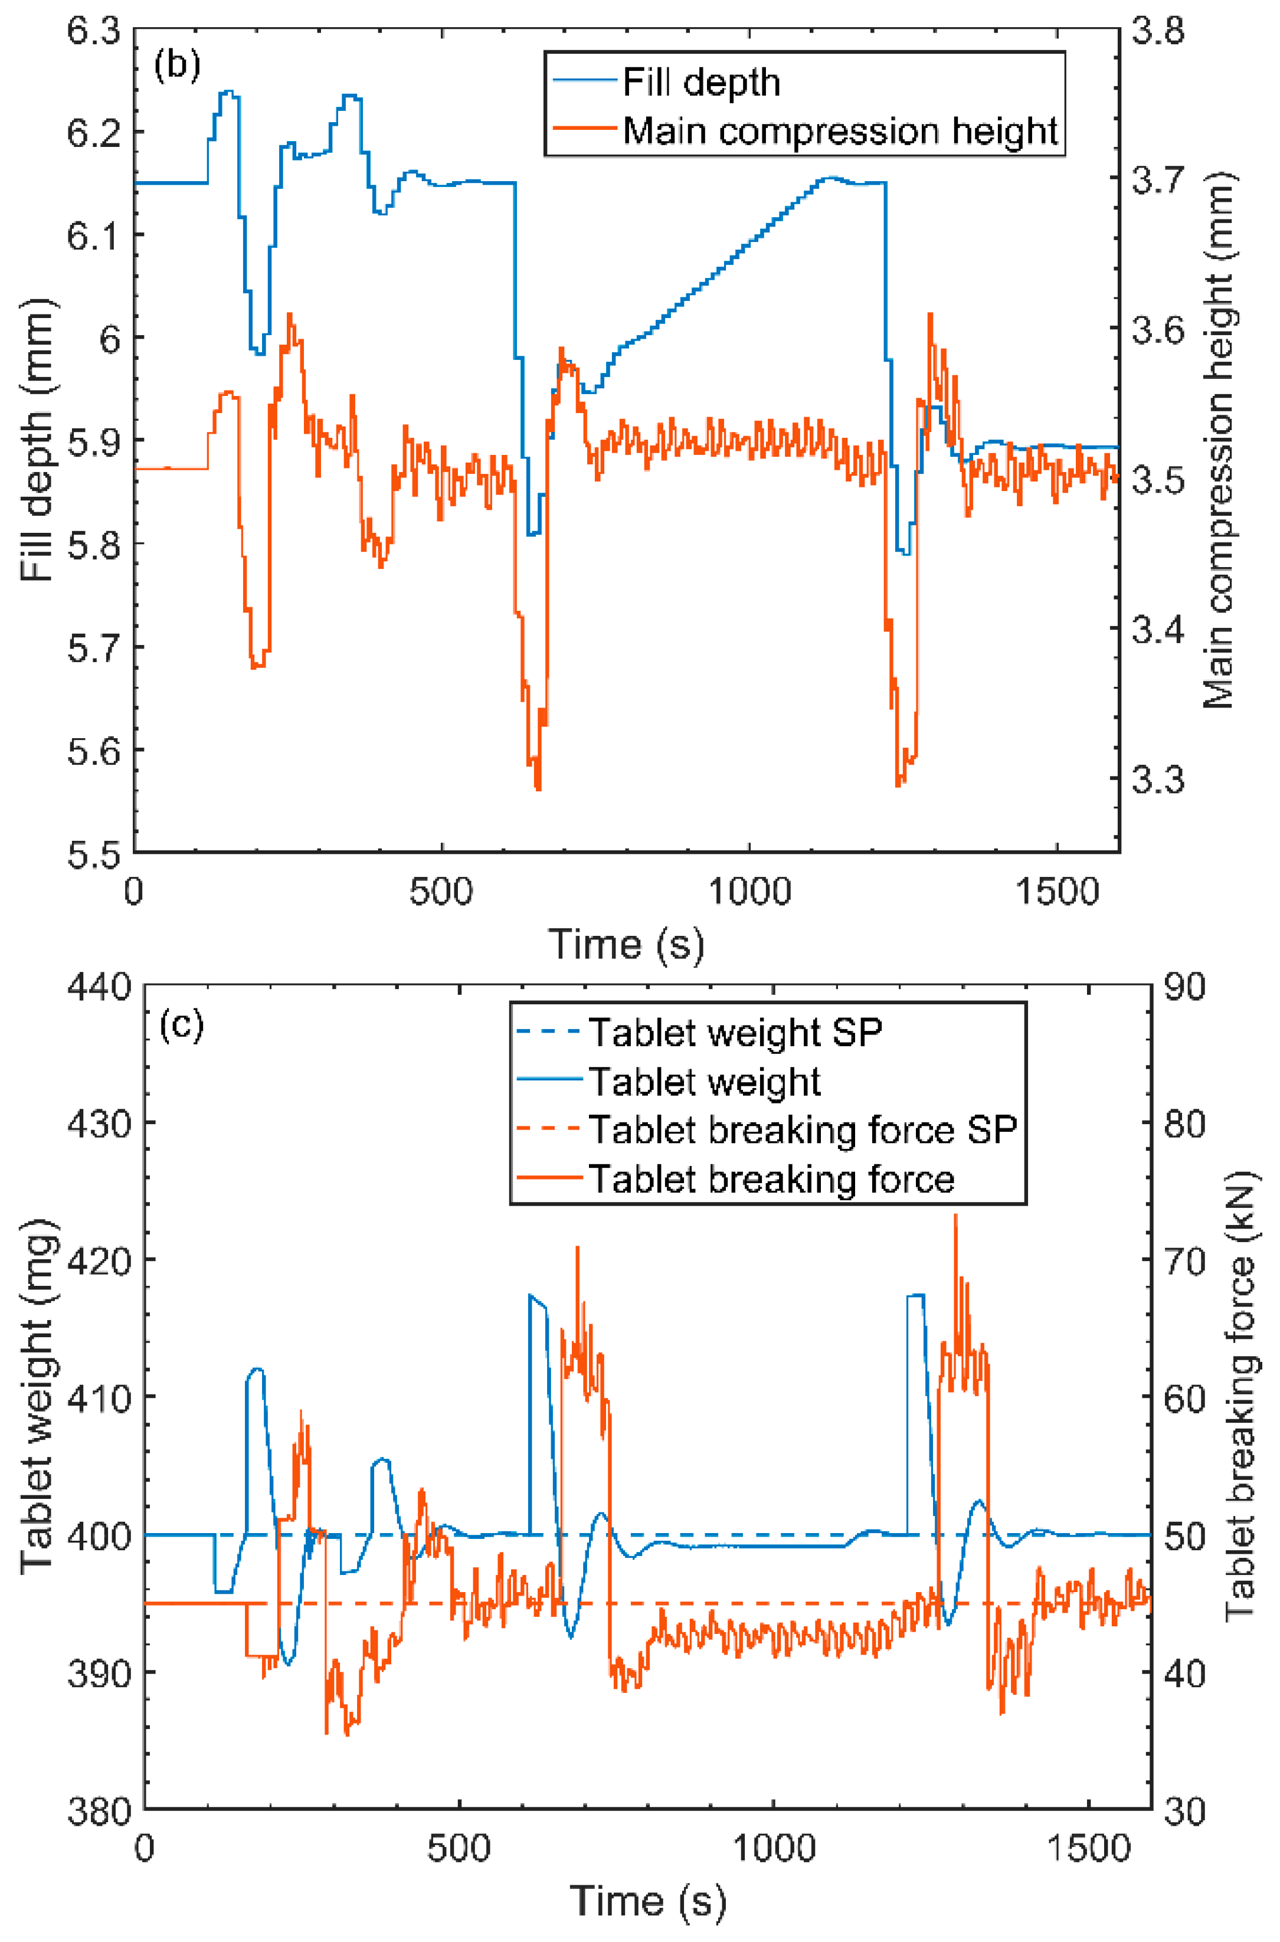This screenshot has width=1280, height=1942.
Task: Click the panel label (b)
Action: coord(177,66)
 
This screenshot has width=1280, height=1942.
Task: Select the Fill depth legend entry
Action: coord(700,83)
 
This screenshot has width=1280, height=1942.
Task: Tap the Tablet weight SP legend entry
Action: coord(735,1033)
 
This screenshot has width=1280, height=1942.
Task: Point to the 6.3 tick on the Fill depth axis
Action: coord(93,32)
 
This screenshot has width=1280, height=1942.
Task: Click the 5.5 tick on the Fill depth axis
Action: coord(93,854)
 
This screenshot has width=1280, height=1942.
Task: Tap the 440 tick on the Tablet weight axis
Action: coord(100,988)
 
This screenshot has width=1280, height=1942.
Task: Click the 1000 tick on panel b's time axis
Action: coord(748,892)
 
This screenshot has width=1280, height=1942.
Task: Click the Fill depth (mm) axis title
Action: coord(38,441)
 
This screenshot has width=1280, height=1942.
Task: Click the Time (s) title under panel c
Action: coord(647,1901)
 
